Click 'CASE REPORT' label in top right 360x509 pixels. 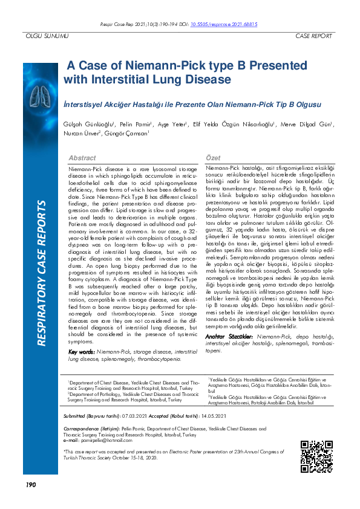(313, 36)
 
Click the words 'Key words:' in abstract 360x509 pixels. (81, 352)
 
